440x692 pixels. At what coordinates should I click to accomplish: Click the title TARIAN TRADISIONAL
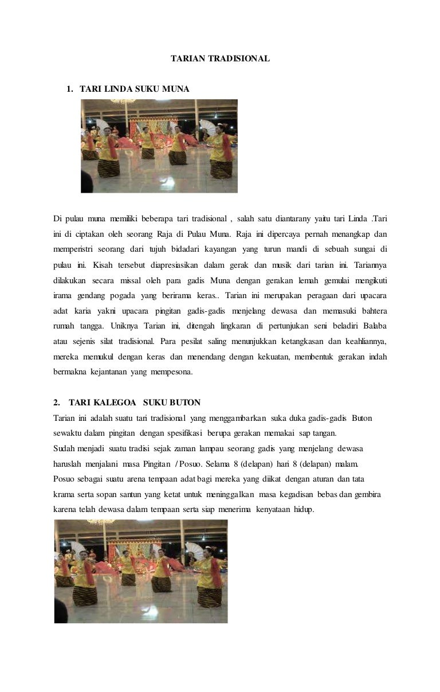pos(220,58)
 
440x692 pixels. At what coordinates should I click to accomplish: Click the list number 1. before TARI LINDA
pos(70,89)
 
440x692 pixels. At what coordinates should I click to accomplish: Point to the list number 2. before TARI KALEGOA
pos(57,402)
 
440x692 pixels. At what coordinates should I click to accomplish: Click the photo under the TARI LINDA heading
pos(159,146)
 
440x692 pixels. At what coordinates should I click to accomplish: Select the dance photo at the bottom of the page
pos(141,571)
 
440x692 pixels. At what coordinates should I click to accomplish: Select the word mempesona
pos(171,372)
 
